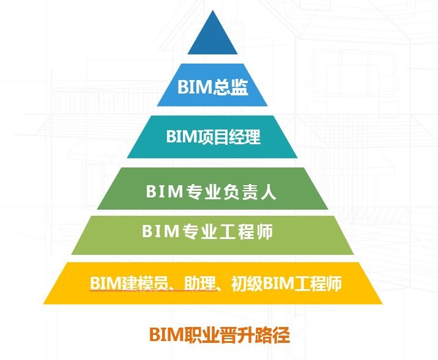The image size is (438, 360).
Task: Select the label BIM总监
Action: point(212,87)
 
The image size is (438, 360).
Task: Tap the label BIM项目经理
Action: point(213,136)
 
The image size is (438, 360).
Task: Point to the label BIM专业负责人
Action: point(211,192)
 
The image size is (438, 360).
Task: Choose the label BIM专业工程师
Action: point(207,232)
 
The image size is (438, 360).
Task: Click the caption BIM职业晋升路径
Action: point(220,334)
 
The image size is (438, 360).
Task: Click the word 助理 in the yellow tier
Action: point(200,284)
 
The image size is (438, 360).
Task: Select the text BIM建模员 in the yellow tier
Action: point(129,284)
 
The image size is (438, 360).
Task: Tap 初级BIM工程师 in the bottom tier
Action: point(286,284)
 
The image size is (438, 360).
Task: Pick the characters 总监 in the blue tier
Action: point(231,87)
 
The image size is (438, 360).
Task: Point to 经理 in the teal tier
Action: point(245,136)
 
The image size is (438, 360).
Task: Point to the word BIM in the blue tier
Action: point(195,87)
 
